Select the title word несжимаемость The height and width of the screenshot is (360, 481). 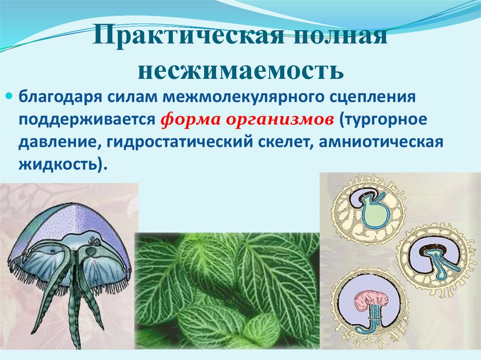[240, 71]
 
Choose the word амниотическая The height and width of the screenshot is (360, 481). [381, 142]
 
